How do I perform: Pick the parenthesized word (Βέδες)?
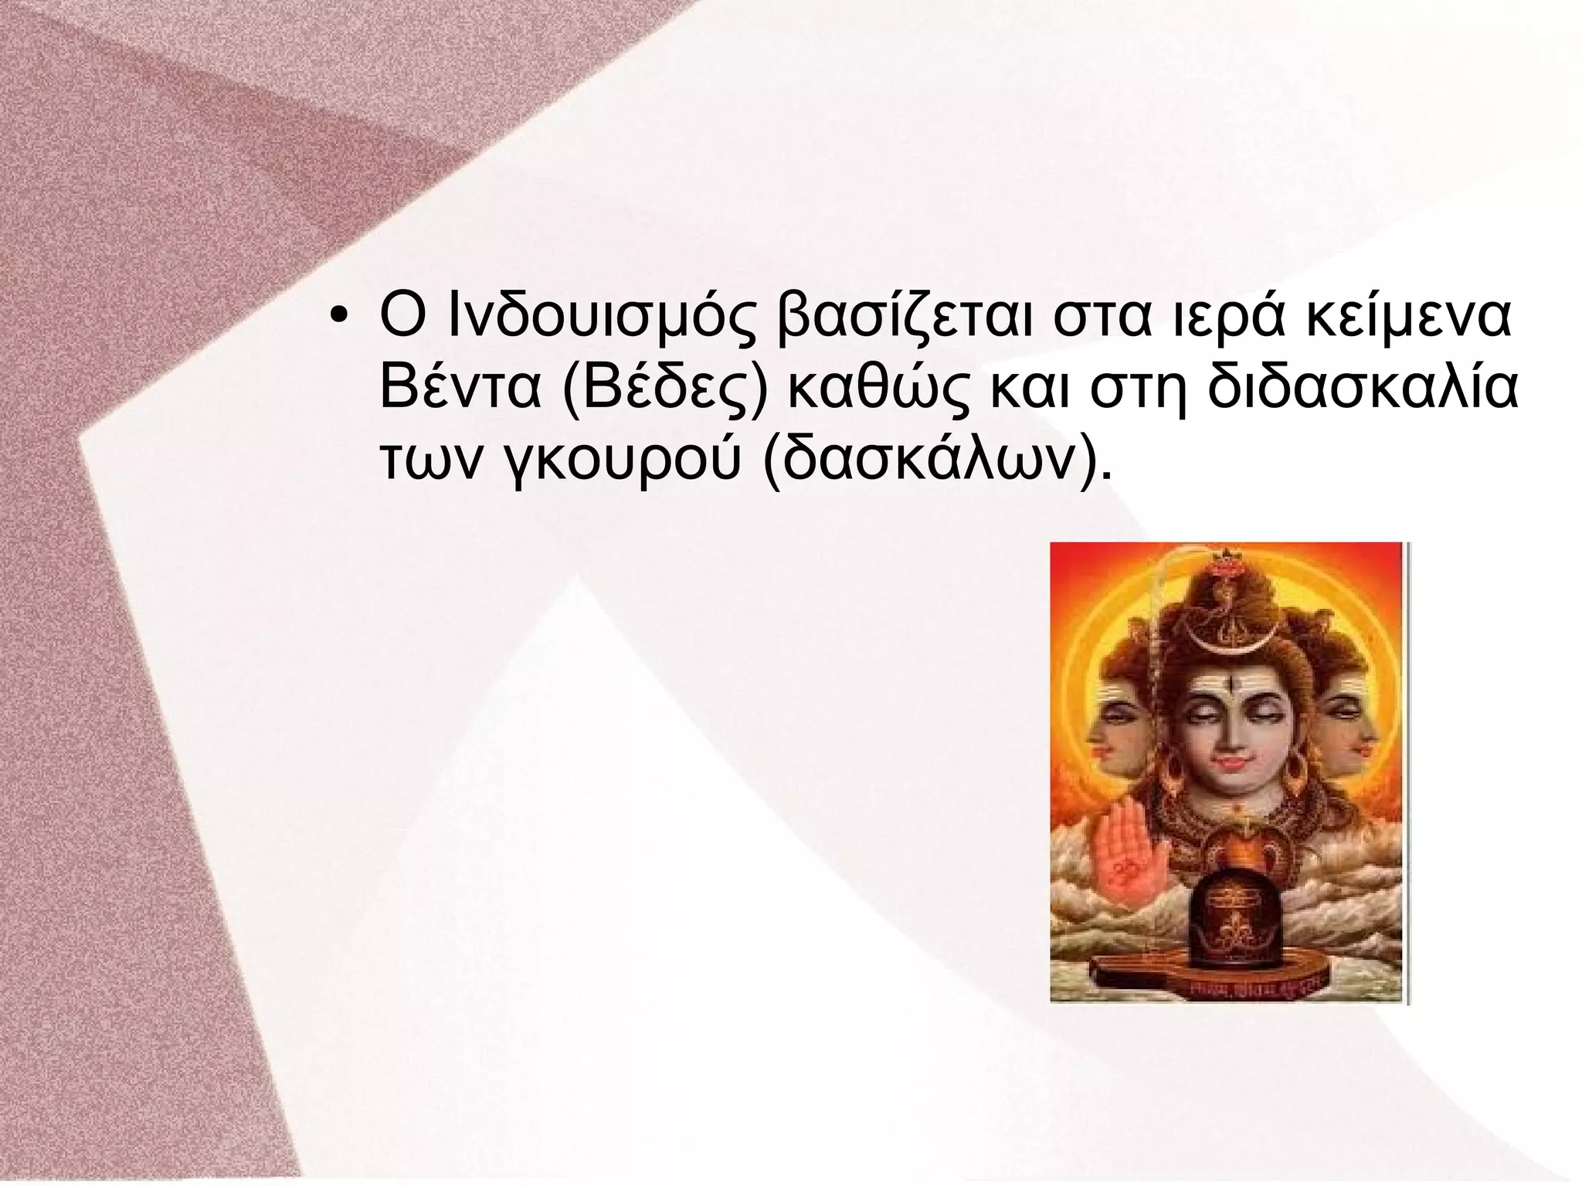(x=663, y=393)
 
